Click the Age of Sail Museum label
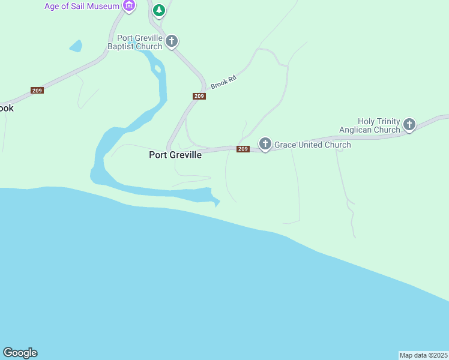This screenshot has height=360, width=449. point(82,7)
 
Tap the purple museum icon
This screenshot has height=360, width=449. point(128,6)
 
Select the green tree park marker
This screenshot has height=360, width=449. point(158,10)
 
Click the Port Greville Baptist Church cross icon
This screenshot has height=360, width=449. point(172,41)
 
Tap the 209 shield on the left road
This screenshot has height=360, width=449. point(37,90)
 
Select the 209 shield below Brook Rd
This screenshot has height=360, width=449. point(199,97)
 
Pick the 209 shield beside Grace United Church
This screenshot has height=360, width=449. point(243,149)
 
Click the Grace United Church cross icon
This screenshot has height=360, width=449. point(265,144)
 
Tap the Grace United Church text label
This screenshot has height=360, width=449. point(312,145)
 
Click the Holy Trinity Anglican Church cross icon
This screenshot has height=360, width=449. point(409,125)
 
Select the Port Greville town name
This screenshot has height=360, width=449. point(175,154)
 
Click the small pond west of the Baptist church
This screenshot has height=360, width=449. point(76,46)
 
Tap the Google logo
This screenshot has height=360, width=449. point(20,353)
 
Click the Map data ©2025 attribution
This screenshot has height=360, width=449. point(424,355)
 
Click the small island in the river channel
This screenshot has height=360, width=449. point(158,68)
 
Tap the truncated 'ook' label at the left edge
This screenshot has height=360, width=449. point(6,109)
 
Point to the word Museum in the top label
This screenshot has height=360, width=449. point(103,7)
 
